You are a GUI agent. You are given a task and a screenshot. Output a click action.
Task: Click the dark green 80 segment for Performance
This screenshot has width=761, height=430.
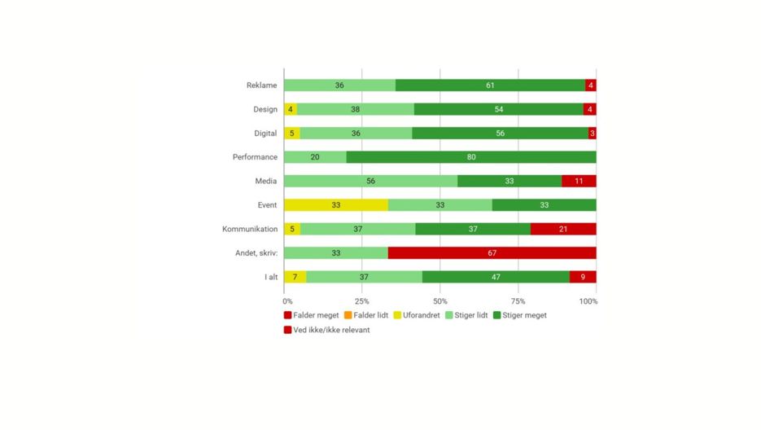coord(471,157)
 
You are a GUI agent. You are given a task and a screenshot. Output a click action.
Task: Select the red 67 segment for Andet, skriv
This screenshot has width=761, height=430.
coord(492,253)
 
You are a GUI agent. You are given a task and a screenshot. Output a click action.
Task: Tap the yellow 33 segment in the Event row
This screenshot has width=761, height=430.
coord(335,205)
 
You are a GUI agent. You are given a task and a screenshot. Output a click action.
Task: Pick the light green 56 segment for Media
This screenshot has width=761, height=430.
coord(370,181)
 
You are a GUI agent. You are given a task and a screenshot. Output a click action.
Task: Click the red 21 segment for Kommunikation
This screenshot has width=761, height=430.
coord(563,229)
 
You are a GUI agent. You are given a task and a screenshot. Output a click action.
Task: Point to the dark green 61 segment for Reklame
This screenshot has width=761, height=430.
coord(490,85)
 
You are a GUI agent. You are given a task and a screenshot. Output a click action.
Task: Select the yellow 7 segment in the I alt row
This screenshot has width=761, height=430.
coord(295,277)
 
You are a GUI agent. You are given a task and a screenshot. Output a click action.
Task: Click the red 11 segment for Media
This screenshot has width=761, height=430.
coord(579,181)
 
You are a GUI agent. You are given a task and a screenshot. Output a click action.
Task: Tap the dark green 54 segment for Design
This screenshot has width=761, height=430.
coord(498,109)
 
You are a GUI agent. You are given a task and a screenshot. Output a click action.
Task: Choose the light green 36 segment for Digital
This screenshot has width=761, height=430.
coord(356,133)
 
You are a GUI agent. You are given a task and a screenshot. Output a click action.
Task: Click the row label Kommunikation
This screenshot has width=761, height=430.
coord(250,230)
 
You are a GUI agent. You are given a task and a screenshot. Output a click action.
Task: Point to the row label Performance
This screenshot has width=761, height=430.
coord(256,157)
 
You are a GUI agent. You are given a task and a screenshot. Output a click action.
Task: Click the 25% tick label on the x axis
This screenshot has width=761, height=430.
coord(361,301)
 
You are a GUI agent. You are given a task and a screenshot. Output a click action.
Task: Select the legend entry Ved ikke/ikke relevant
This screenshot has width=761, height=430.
coord(326,330)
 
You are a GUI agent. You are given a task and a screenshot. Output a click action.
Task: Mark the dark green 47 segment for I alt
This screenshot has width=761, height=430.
coord(496,277)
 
